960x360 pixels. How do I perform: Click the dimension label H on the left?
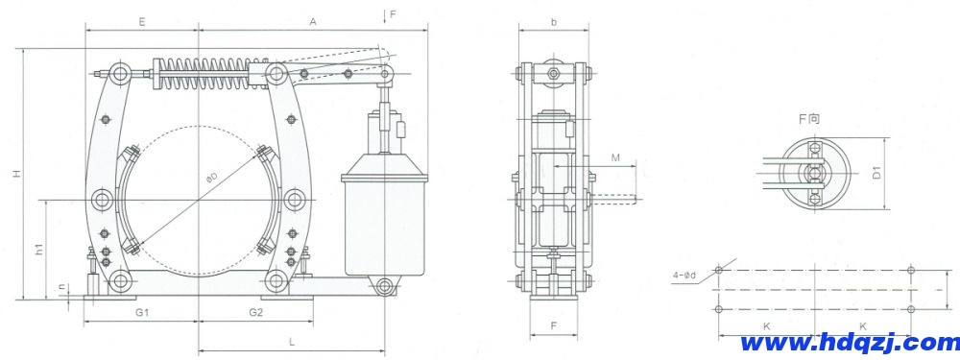tap(18, 175)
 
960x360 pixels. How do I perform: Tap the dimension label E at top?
tap(141, 21)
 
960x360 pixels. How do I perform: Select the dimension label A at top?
tap(312, 21)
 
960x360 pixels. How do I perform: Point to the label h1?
tap(38, 250)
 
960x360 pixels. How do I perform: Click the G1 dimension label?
tap(142, 312)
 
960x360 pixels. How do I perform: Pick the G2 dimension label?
tap(256, 312)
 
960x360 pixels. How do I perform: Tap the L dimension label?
tap(292, 341)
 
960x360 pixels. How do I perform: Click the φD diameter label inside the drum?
tap(212, 179)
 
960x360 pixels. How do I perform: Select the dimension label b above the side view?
tap(554, 22)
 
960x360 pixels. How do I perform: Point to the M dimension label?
tap(616, 157)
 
